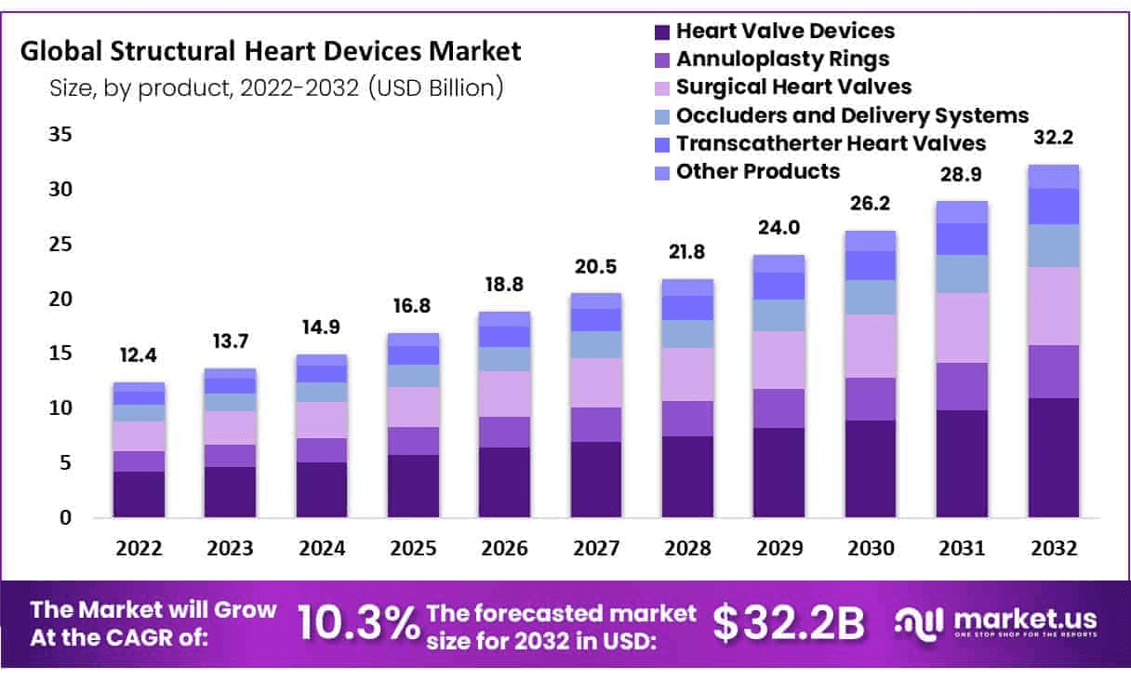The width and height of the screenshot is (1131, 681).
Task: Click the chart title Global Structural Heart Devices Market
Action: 271,50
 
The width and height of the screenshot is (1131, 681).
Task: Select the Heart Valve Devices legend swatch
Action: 662,32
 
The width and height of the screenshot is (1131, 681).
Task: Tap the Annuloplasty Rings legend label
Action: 782,60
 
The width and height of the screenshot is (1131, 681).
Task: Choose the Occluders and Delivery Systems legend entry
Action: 852,115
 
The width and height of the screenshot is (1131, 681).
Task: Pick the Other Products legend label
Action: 757,171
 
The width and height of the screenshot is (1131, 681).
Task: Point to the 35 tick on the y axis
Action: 60,135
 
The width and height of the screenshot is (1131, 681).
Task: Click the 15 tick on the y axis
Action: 60,354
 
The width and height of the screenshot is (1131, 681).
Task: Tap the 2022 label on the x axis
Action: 139,549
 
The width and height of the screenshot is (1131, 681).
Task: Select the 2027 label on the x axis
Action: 596,549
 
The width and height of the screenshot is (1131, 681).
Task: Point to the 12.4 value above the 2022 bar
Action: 139,356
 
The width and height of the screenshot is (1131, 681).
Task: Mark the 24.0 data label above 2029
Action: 778,229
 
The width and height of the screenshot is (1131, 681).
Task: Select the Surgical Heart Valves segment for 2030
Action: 870,346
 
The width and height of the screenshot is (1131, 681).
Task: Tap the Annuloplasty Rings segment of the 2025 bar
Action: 413,441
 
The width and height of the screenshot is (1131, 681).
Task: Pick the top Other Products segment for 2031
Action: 962,212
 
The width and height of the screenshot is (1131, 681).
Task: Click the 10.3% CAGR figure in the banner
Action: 358,623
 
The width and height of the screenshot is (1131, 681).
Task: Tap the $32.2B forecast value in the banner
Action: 789,623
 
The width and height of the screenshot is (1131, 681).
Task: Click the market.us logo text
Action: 1023,620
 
